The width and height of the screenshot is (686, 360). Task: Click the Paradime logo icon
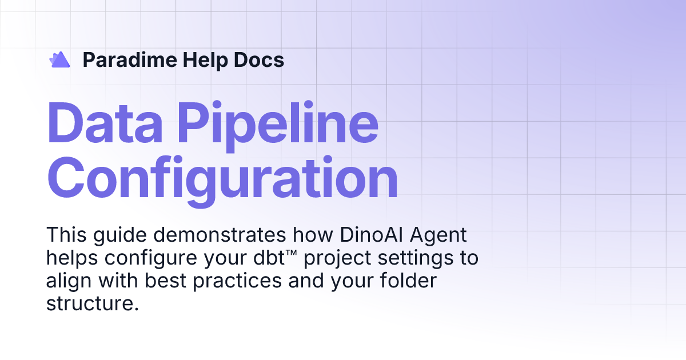click(59, 59)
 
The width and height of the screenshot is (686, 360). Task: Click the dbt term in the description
click(272, 258)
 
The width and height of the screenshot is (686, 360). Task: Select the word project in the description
click(337, 258)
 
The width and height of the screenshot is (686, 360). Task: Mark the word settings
click(416, 258)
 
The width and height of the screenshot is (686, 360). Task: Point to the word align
click(67, 281)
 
